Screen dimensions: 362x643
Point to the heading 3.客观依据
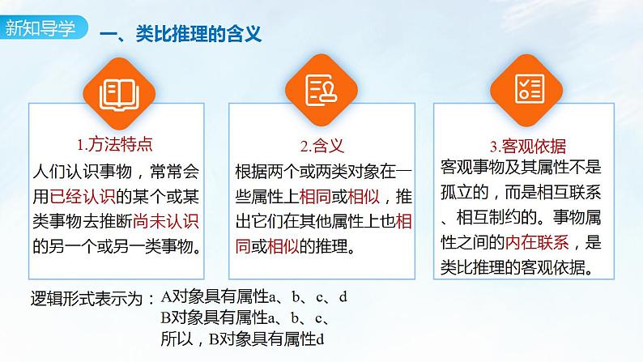[x=527, y=147]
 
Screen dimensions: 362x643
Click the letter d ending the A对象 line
[x=343, y=297]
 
